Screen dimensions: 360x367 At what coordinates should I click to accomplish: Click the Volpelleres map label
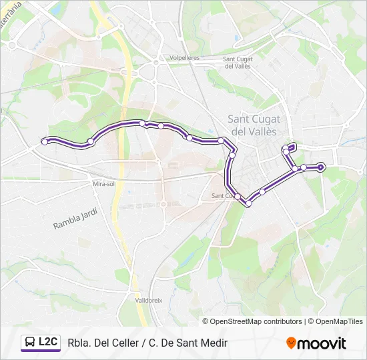[x=184, y=58]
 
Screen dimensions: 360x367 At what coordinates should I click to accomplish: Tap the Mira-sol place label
[x=104, y=183]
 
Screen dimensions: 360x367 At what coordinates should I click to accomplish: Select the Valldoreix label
[x=148, y=301]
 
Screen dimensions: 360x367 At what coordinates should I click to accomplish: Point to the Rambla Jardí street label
[x=75, y=219]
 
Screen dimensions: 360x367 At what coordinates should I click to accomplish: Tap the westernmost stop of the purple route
[x=45, y=141]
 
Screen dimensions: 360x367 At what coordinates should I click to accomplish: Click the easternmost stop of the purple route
[x=321, y=167]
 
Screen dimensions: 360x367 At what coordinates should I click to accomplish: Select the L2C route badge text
[x=48, y=343]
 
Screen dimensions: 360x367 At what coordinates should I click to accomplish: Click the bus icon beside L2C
[x=30, y=343]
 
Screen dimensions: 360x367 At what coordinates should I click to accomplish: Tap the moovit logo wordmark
[x=322, y=343]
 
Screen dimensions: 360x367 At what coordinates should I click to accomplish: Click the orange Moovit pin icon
[x=291, y=343]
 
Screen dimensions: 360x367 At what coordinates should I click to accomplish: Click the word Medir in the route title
[x=214, y=343]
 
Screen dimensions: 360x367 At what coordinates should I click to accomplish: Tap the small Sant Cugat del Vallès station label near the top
[x=237, y=62]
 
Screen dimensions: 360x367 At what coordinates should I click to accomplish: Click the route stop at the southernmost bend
[x=248, y=203]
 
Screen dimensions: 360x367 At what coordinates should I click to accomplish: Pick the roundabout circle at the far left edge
[x=12, y=45]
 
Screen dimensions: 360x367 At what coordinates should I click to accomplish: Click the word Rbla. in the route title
[x=79, y=343]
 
